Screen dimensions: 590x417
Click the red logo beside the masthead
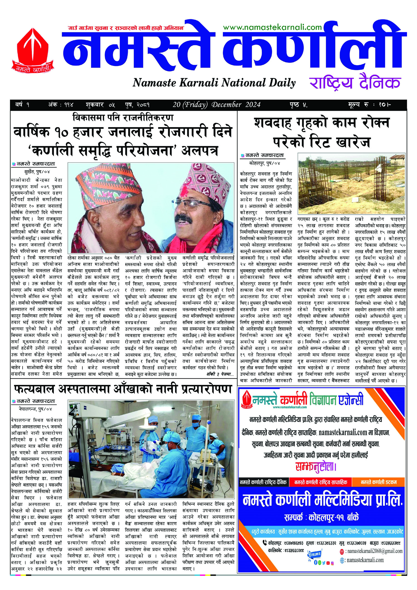(x=33, y=50)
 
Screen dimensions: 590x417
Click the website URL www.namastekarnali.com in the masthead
(x=272, y=27)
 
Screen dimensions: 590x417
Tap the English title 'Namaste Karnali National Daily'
(x=214, y=83)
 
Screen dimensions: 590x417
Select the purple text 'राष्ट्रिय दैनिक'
(x=355, y=83)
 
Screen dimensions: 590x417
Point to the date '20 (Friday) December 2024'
(x=217, y=105)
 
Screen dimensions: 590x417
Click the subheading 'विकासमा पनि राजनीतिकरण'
(x=123, y=117)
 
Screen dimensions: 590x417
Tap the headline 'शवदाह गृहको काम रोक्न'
(x=322, y=123)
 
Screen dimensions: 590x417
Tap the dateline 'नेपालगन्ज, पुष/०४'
(x=36, y=409)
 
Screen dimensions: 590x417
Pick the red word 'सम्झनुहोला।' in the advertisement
(x=316, y=467)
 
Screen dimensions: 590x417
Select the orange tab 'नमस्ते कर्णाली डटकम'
(x=379, y=482)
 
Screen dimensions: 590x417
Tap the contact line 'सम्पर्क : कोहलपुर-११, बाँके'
(x=321, y=517)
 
